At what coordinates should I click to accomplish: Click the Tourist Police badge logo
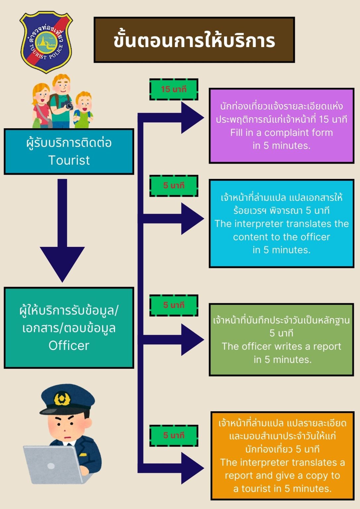pyautogui.click(x=46, y=42)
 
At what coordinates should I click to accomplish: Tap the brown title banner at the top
pyautogui.click(x=194, y=40)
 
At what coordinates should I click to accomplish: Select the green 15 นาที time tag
pyautogui.click(x=174, y=89)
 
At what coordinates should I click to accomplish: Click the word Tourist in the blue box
pyautogui.click(x=69, y=160)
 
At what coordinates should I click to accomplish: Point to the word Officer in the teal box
pyautogui.click(x=69, y=346)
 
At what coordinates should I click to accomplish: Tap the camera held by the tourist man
pyautogui.click(x=68, y=105)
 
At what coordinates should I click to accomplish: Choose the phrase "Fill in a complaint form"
pyautogui.click(x=281, y=133)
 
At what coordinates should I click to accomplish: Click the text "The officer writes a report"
pyautogui.click(x=281, y=346)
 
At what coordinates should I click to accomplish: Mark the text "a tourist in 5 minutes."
pyautogui.click(x=282, y=488)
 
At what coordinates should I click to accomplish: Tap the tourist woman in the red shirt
pyautogui.click(x=41, y=106)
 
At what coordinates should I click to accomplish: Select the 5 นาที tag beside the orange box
pyautogui.click(x=174, y=435)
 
